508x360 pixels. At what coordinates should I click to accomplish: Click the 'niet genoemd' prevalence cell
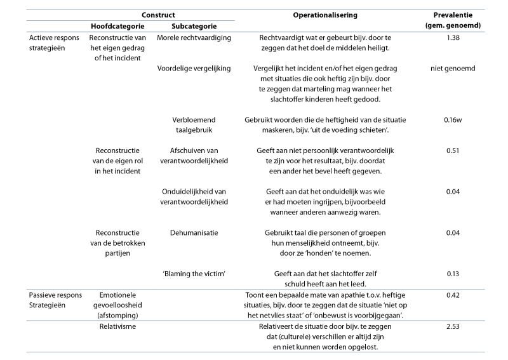(452, 68)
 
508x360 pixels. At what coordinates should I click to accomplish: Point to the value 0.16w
(452, 119)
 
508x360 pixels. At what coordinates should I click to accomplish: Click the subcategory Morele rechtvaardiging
(194, 38)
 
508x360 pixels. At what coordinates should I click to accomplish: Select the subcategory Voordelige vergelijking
(194, 68)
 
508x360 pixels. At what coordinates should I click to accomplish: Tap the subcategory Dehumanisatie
(194, 233)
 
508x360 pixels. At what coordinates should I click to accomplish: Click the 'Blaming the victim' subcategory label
(194, 274)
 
